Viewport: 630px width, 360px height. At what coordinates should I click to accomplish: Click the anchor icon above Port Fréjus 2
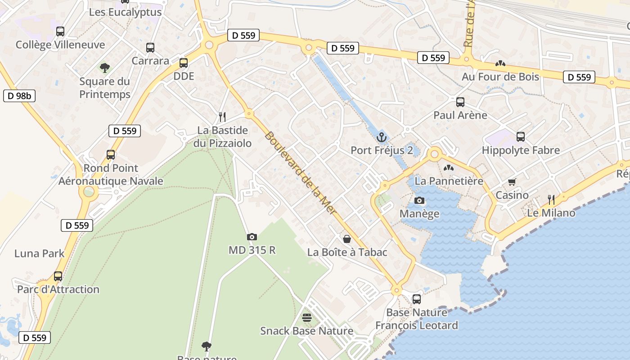(x=382, y=137)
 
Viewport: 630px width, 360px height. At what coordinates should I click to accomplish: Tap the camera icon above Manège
(x=419, y=200)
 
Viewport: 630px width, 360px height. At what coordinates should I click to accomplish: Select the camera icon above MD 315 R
(x=252, y=237)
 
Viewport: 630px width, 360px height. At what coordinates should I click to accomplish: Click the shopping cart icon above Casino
(x=512, y=182)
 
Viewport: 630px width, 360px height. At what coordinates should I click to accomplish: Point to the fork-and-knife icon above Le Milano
(x=551, y=199)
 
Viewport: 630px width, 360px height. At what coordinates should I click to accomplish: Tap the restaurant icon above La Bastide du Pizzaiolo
(x=222, y=117)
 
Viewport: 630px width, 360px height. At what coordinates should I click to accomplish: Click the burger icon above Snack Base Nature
(x=307, y=318)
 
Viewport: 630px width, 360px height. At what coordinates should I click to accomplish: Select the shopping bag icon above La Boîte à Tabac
(x=347, y=238)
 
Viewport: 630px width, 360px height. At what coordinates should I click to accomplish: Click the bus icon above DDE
(x=184, y=63)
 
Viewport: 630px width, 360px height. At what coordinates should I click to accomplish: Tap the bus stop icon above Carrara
(x=150, y=48)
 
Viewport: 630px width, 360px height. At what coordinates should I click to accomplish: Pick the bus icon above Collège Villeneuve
(x=60, y=31)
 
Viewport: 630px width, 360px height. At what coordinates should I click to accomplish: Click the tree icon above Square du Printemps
(x=105, y=68)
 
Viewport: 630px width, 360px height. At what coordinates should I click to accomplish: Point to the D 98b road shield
(x=19, y=96)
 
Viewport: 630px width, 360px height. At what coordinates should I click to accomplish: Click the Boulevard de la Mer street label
(x=301, y=173)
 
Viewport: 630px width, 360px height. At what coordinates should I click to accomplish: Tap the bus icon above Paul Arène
(x=460, y=102)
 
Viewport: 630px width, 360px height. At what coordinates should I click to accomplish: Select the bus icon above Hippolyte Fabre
(x=521, y=137)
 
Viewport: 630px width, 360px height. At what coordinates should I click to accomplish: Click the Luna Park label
(x=40, y=253)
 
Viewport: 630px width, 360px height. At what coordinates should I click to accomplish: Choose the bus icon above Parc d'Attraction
(x=58, y=276)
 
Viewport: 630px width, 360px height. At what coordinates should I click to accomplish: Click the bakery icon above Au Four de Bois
(x=500, y=64)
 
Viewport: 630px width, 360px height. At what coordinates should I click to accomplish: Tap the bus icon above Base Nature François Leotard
(x=417, y=299)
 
